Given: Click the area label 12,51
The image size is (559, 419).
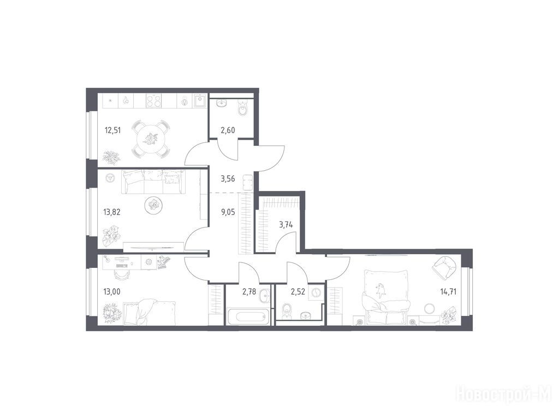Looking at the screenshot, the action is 112,130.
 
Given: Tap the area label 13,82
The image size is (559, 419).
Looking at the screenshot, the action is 112,212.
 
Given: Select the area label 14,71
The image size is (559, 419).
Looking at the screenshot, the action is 448,292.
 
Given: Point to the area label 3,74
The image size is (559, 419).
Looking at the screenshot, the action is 286,225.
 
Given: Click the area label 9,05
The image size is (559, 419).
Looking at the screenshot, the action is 228,212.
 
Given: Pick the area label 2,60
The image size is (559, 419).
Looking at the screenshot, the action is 228,130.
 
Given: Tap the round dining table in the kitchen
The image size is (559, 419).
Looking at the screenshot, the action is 151,139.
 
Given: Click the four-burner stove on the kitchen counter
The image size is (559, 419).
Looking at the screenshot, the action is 154,101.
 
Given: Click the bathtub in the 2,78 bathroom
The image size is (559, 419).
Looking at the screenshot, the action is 248,317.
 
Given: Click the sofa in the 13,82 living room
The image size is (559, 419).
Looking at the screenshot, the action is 153,182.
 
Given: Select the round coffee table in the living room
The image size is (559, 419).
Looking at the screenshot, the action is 154,205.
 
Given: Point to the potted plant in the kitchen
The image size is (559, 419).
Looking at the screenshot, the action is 111,158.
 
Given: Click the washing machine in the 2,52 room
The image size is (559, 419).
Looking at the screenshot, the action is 316,293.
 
